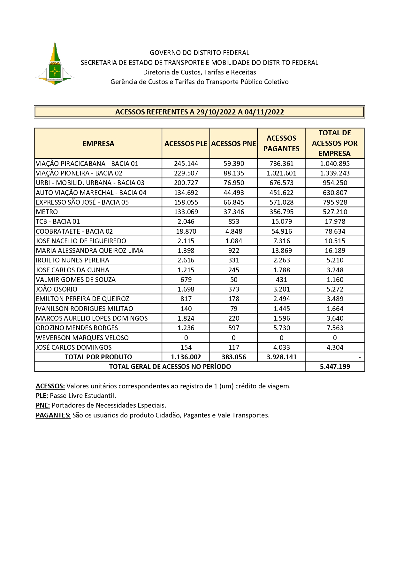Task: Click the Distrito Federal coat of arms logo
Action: (x=55, y=64)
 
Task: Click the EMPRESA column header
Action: (x=98, y=144)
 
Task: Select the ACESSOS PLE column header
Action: (x=186, y=144)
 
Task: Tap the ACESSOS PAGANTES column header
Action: (x=281, y=144)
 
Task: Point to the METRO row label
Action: (x=47, y=212)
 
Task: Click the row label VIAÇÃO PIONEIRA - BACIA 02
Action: (x=79, y=173)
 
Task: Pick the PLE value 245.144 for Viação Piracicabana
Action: (x=186, y=164)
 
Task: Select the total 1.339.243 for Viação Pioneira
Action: (x=335, y=173)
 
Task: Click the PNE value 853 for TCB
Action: (x=234, y=222)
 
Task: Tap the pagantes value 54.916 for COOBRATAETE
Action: (x=281, y=231)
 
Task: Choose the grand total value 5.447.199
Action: (x=335, y=367)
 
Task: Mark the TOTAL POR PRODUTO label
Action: (x=98, y=357)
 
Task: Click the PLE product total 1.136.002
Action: (x=186, y=357)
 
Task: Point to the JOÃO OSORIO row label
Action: (x=57, y=289)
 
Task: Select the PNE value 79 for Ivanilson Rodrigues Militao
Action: (x=234, y=309)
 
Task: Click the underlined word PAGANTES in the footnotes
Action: (x=53, y=415)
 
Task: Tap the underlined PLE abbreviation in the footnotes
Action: (x=42, y=396)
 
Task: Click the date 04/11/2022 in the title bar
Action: (x=264, y=112)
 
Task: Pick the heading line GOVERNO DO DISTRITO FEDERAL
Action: (x=199, y=53)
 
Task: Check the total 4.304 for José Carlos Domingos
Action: (x=335, y=347)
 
